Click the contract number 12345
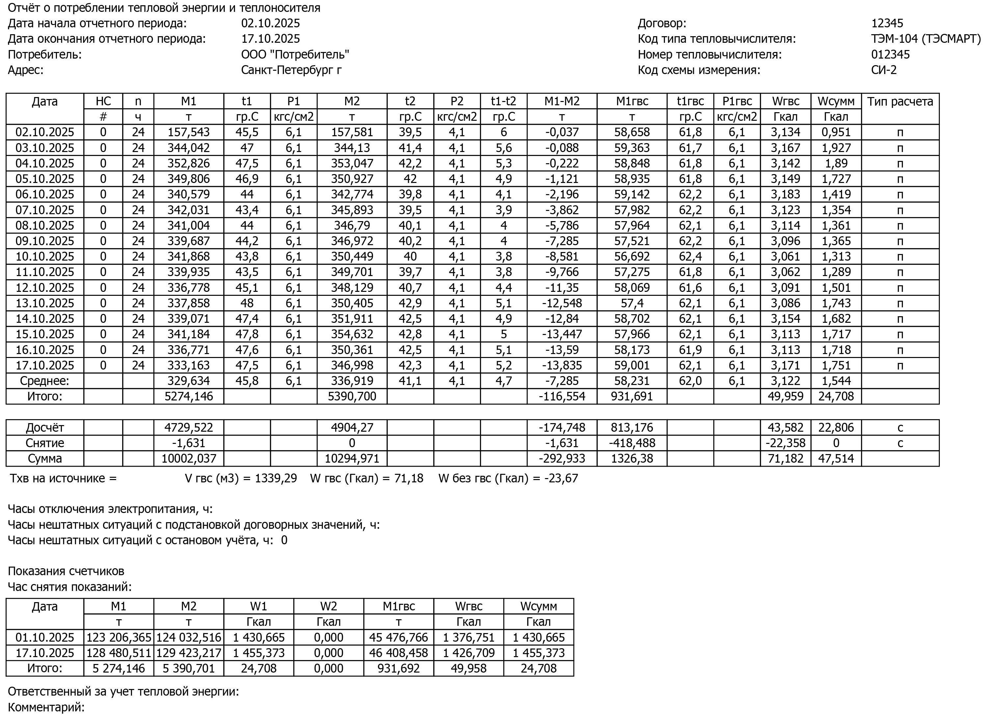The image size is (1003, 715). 887,23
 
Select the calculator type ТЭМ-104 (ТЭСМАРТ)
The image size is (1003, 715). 925,39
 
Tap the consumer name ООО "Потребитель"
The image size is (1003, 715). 295,55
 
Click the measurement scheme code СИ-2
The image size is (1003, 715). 883,70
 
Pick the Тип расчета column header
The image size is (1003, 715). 900,102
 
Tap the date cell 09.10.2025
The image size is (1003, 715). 44,241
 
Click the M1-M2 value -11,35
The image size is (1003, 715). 562,288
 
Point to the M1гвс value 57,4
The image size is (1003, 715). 631,303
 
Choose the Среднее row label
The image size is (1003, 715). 44,381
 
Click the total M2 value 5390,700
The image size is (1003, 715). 352,396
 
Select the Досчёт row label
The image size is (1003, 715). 44,427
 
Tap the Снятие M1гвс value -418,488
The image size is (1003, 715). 631,443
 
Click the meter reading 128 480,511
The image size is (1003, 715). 119,652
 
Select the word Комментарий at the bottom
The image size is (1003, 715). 44,707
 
